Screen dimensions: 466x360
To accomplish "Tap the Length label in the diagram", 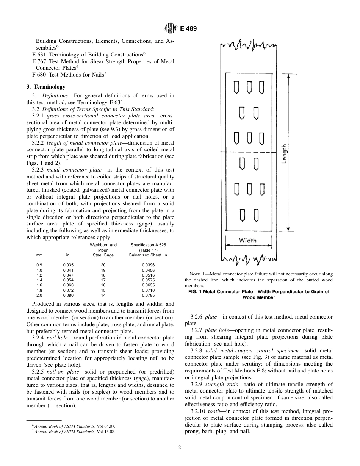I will (x=284, y=154).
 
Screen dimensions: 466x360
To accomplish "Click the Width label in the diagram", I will (x=247, y=240).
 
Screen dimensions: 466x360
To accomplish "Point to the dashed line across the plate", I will (x=248, y=153).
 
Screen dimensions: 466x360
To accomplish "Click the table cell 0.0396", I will (x=148, y=265).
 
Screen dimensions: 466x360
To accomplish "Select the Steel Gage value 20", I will (x=103, y=265).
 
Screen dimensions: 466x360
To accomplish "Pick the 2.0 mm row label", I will (x=39, y=295).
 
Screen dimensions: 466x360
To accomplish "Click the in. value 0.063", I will (x=68, y=285).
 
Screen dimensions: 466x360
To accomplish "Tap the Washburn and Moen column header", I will (x=103, y=247).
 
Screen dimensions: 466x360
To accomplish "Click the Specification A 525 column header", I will (x=148, y=245).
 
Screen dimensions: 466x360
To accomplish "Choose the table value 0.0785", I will (x=148, y=295).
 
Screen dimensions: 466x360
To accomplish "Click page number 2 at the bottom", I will (x=180, y=447).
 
